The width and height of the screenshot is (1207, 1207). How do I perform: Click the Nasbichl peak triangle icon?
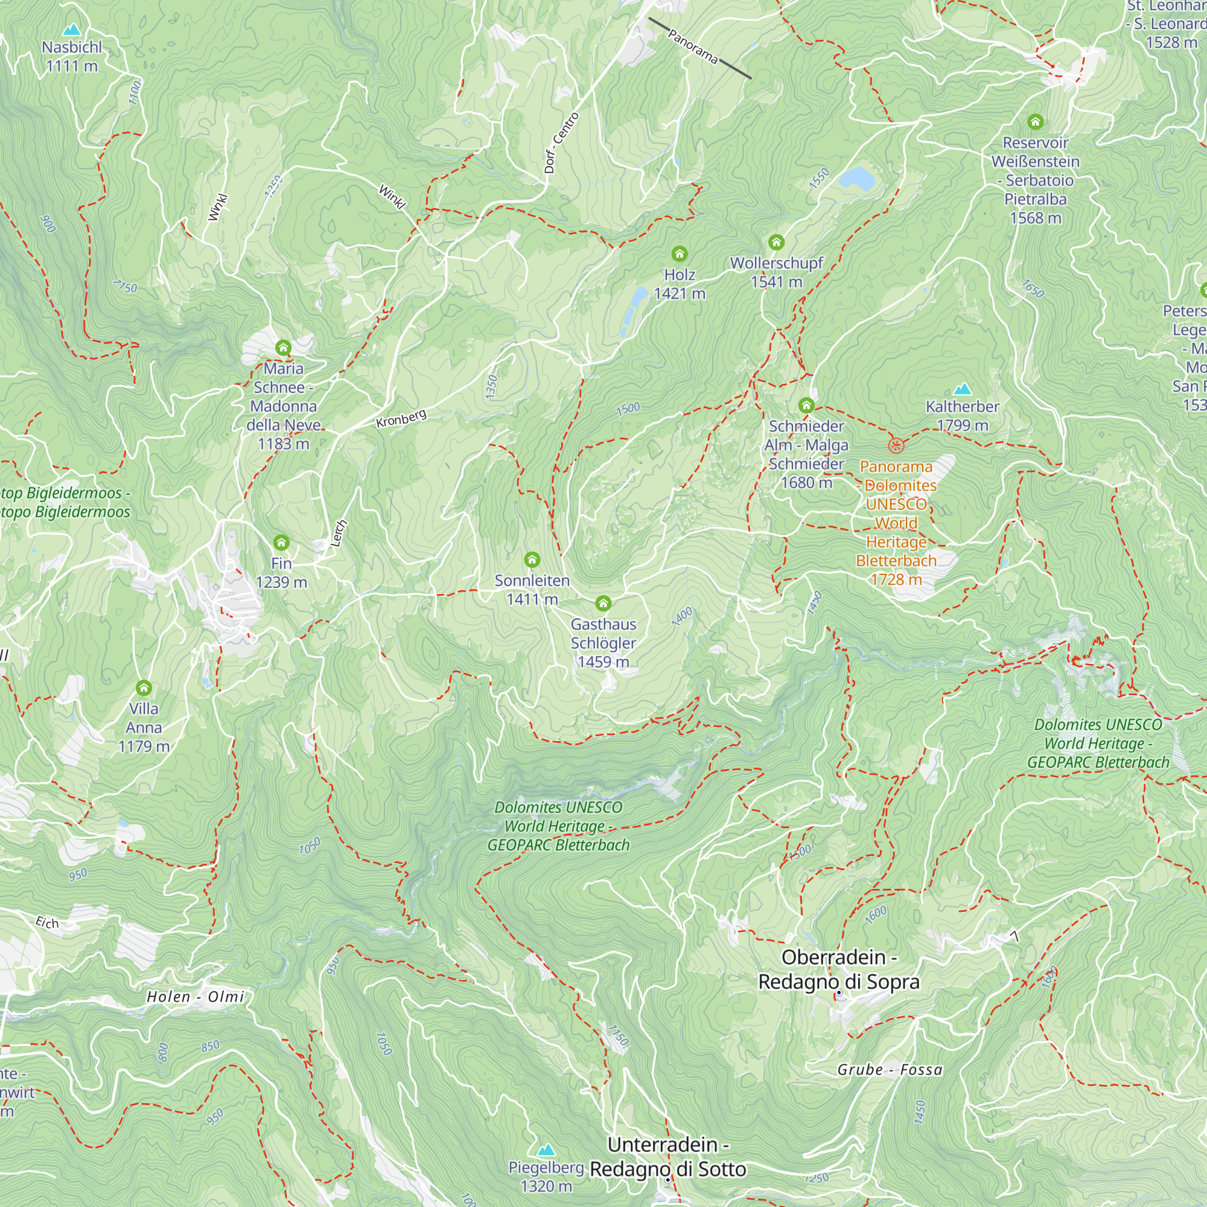(x=72, y=30)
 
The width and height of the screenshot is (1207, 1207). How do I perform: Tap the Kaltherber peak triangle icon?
(x=963, y=389)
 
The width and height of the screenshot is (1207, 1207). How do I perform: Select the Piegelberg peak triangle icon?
(x=546, y=1150)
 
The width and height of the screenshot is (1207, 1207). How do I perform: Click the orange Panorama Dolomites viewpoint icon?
(x=896, y=445)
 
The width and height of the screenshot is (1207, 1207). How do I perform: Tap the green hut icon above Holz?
(x=679, y=253)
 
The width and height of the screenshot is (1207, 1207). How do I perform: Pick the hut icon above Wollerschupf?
(x=776, y=242)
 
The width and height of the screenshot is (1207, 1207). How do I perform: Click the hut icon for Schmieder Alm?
(x=806, y=406)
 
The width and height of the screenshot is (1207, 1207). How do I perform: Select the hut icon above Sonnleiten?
(x=532, y=559)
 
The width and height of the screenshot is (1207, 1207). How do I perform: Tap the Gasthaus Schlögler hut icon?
(x=603, y=603)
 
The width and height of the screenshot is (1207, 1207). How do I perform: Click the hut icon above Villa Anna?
(x=144, y=688)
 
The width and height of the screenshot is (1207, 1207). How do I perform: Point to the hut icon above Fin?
(x=281, y=542)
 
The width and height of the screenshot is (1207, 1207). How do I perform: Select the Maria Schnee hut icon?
(x=283, y=348)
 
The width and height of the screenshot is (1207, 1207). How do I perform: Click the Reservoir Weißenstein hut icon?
(x=1035, y=121)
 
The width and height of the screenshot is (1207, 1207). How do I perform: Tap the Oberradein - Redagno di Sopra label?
(x=838, y=969)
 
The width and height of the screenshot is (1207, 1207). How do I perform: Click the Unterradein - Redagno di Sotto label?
(x=668, y=1156)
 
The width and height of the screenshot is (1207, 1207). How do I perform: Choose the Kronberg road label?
(x=401, y=419)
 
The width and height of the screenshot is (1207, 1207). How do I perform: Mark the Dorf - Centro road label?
(x=561, y=142)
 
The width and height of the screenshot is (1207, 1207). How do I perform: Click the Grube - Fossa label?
(x=889, y=1069)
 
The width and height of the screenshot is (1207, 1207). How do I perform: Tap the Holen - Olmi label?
(x=195, y=996)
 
